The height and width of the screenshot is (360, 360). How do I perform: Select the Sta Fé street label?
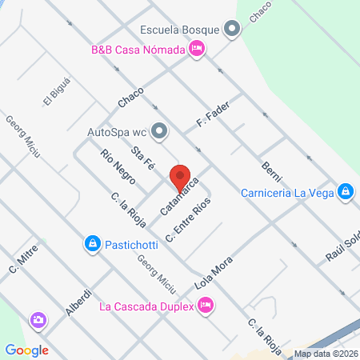[x=144, y=158]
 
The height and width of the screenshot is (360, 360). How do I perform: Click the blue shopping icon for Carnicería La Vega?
[x=346, y=191]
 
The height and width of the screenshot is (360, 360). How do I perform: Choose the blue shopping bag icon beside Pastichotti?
[x=93, y=242]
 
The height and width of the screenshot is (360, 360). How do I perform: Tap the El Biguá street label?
[x=53, y=97]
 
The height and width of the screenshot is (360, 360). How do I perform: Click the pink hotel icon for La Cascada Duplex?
[x=205, y=304]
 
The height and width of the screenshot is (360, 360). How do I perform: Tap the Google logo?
[x=27, y=350]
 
